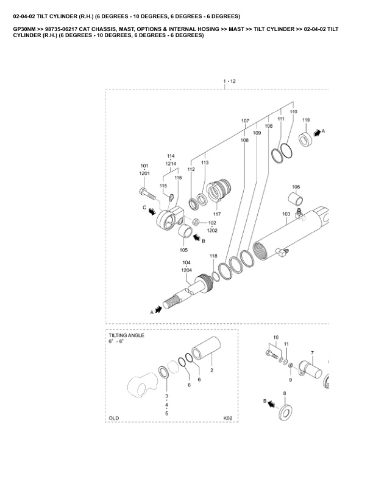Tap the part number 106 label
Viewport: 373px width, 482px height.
pos(296,187)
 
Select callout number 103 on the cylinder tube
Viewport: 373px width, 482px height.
pos(286,214)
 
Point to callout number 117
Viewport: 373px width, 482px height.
pos(216,214)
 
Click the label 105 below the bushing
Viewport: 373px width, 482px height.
pos(183,250)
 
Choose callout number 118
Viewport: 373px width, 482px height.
pos(213,256)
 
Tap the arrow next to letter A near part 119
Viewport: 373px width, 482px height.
pos(316,131)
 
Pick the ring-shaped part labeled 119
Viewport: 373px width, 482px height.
pos(305,140)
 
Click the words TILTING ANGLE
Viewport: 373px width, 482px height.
pos(126,335)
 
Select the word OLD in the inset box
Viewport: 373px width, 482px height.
pos(113,419)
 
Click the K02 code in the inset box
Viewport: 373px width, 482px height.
pos(229,419)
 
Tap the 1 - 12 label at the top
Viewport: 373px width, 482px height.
pos(229,81)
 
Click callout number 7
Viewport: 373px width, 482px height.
pos(312,353)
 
